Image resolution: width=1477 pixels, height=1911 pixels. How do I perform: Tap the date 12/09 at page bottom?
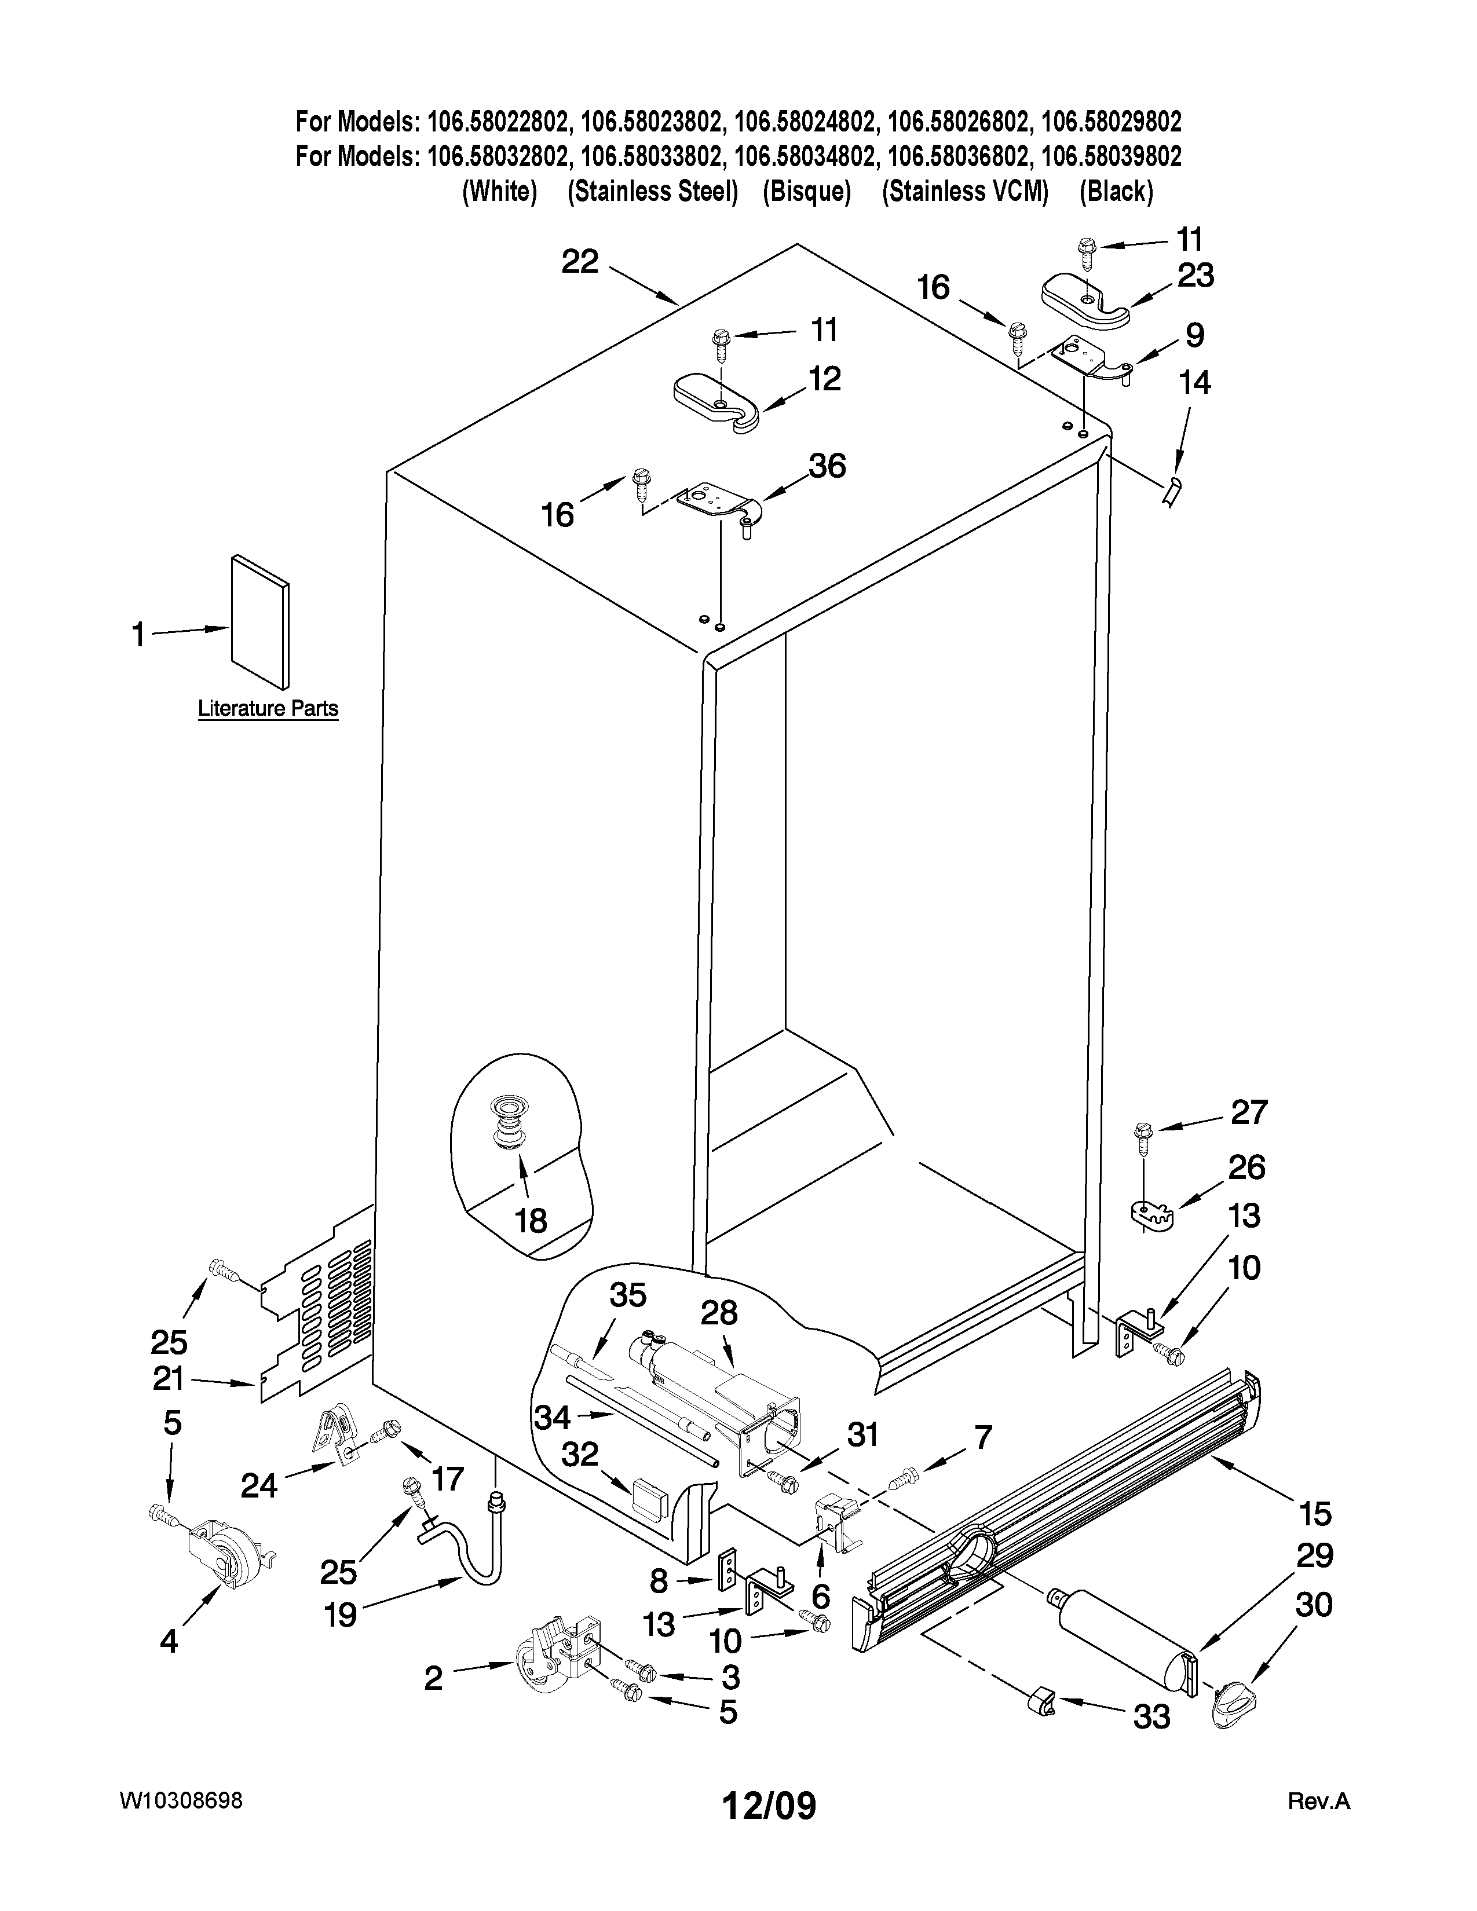pos(768,1805)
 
